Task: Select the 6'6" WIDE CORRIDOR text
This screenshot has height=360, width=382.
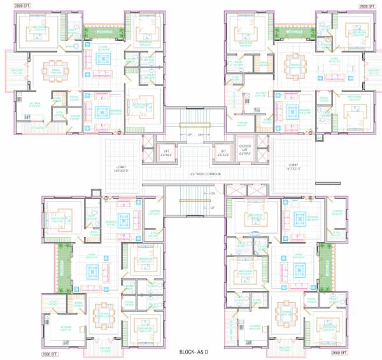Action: (205, 173)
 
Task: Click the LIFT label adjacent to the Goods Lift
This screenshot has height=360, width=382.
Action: (222, 153)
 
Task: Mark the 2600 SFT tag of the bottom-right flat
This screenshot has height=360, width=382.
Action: (336, 352)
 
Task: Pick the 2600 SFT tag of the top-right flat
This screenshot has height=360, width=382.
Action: (367, 6)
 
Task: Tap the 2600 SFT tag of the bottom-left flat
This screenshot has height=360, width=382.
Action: (50, 352)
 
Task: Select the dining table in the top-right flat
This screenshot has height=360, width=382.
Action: (294, 63)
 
